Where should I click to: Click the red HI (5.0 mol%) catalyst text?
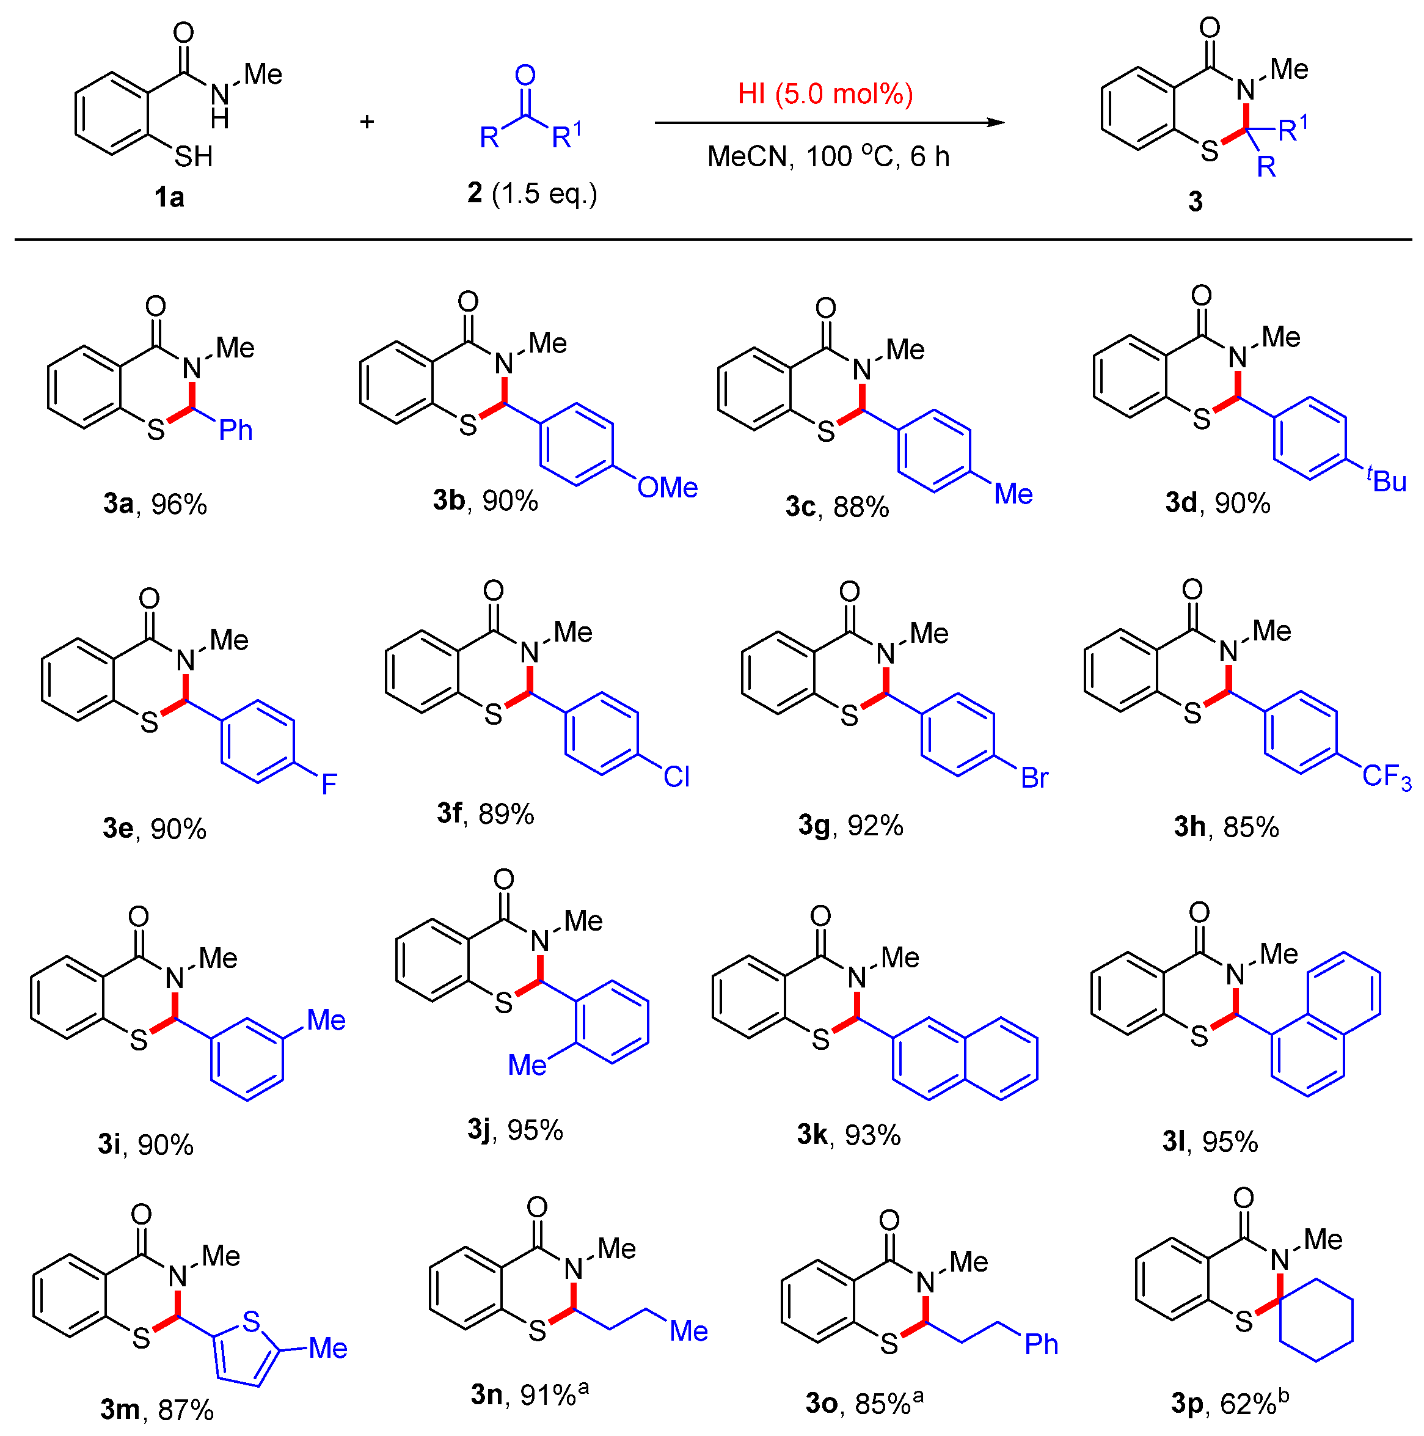[825, 94]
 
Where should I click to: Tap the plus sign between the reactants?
[367, 122]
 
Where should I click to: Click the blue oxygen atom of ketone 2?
[525, 75]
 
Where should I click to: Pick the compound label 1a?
[169, 198]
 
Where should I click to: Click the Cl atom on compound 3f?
[676, 777]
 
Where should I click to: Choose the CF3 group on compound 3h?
[1386, 777]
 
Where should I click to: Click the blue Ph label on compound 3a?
[236, 430]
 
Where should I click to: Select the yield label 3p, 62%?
[1229, 1402]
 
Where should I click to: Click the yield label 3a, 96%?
[155, 505]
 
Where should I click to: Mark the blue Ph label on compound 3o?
[1040, 1344]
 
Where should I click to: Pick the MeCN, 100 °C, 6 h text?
[828, 157]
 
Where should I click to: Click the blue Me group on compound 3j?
[527, 1065]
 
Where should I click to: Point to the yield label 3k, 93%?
[849, 1135]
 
